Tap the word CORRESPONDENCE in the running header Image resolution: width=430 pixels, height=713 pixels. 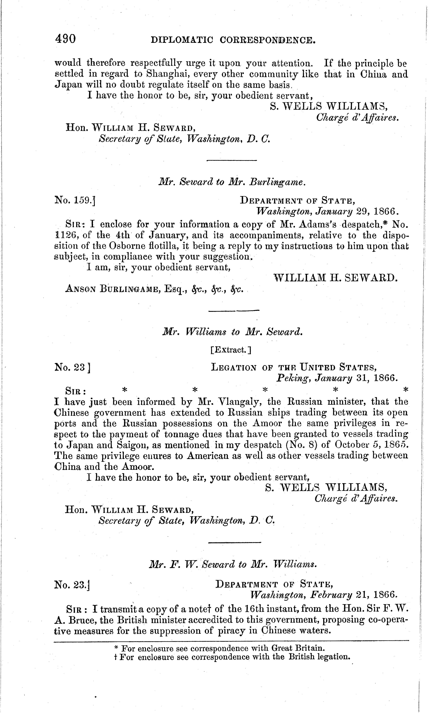[267, 40]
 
